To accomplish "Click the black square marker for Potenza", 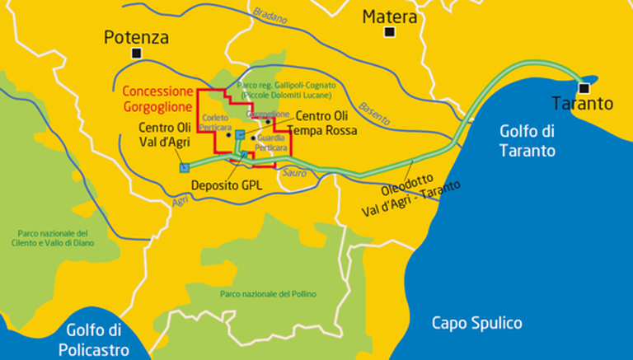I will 136,54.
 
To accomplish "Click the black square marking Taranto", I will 584,87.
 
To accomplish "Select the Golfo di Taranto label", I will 527,141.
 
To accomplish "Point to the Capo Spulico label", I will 477,323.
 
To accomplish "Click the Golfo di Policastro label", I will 94,340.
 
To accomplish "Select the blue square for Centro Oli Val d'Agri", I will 183,167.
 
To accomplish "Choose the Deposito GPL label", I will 226,185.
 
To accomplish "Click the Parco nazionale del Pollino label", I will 268,294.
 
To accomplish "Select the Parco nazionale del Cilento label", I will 55,237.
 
